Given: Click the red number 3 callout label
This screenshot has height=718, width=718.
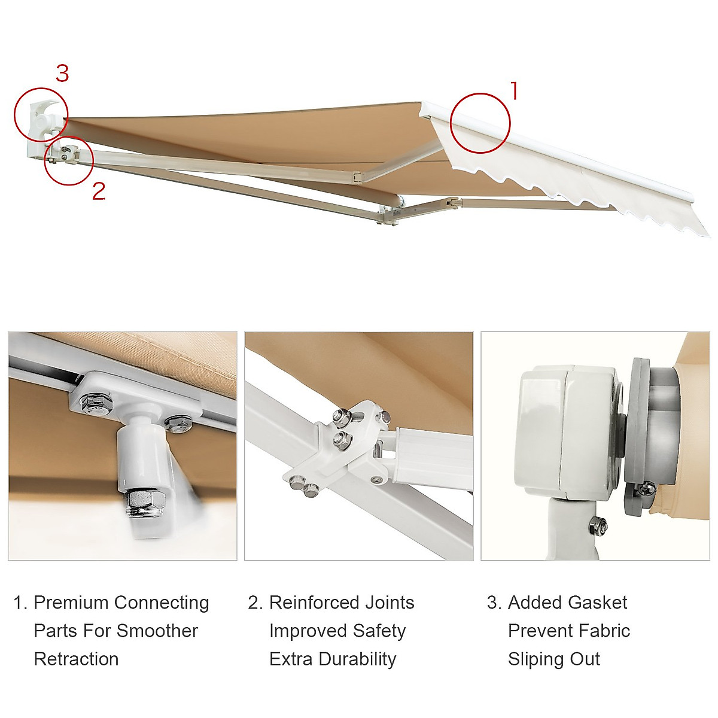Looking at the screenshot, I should (x=62, y=74).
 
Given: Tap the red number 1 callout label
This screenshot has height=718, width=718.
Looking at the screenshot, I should (x=513, y=92).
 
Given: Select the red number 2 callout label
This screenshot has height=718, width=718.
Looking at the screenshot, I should (x=99, y=191).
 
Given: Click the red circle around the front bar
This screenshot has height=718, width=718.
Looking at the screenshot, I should (x=480, y=123).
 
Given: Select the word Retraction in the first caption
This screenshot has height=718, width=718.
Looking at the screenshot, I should (x=76, y=659).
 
